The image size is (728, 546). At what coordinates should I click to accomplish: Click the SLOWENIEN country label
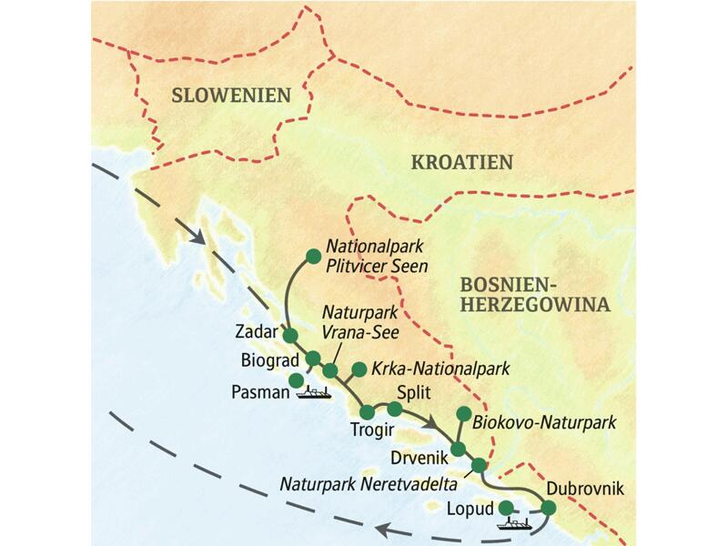tap(226, 96)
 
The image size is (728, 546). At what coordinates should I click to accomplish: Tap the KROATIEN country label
tap(462, 163)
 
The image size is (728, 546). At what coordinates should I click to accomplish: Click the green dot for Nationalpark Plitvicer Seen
tap(312, 256)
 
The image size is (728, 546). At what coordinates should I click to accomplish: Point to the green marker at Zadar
tap(290, 336)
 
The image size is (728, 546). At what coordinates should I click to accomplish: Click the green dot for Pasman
tap(296, 380)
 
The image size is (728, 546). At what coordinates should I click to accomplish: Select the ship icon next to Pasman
tap(314, 392)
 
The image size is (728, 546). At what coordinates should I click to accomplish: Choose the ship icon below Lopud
tap(516, 523)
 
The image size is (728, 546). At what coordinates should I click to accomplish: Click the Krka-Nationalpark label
tap(440, 369)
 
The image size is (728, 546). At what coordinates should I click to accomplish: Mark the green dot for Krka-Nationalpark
tap(359, 369)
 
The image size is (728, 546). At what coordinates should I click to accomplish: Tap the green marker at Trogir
tap(367, 412)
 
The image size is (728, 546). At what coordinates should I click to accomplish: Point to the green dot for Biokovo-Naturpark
tap(462, 412)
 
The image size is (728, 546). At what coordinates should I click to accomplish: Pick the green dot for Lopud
tap(506, 508)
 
